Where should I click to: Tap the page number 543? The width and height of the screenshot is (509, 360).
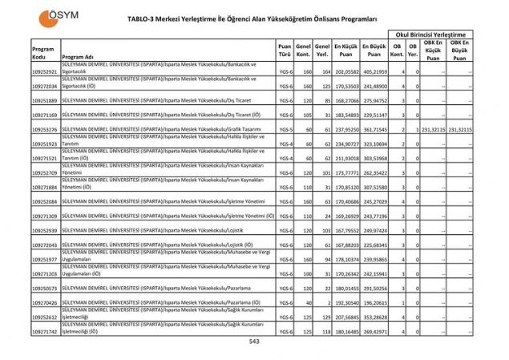254,342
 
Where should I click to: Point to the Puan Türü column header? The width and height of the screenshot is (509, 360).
285,51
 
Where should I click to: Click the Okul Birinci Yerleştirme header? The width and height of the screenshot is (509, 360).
430,34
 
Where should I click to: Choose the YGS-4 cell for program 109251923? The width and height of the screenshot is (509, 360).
285,144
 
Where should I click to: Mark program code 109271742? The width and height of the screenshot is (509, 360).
45,330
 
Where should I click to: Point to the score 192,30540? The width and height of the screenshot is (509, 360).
345,302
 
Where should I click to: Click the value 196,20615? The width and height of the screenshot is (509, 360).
373,302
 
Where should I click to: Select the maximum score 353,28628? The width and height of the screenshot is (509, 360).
373,317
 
